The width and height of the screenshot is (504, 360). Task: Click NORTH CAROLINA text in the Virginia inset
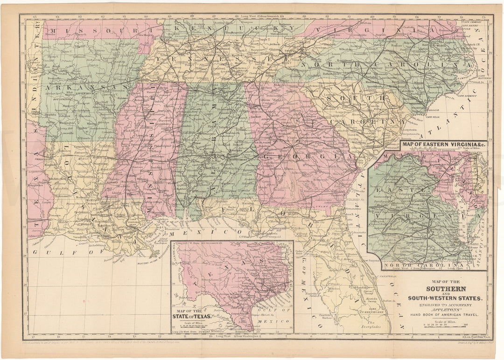417,265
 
